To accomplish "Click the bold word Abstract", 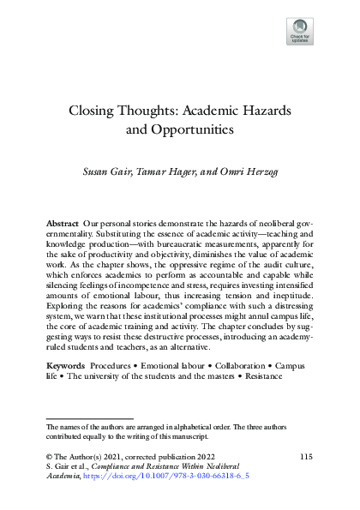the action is pos(62,223).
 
